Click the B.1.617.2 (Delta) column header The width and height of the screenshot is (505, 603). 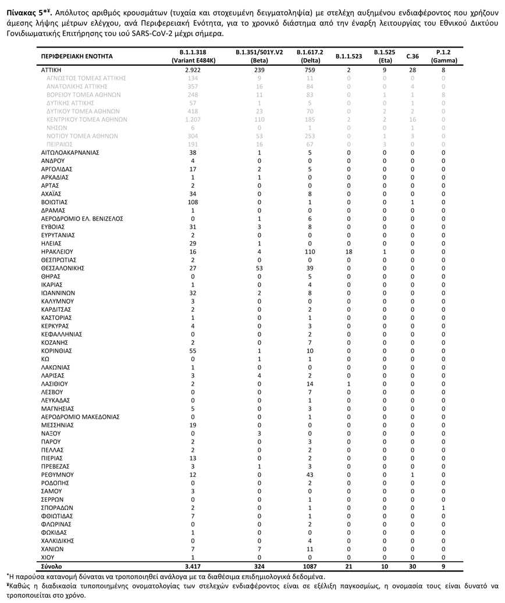pyautogui.click(x=310, y=56)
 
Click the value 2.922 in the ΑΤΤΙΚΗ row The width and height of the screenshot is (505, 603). pyautogui.click(x=193, y=69)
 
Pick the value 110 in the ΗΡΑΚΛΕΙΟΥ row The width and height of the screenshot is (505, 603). pyautogui.click(x=310, y=252)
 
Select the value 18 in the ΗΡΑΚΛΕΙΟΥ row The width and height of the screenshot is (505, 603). pyautogui.click(x=349, y=252)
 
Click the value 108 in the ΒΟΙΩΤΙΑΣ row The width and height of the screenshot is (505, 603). pyautogui.click(x=193, y=202)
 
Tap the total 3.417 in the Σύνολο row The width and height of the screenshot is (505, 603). pyautogui.click(x=193, y=566)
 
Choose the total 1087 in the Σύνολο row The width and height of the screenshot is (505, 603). pyautogui.click(x=310, y=566)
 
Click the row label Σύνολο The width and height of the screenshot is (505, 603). pyautogui.click(x=51, y=566)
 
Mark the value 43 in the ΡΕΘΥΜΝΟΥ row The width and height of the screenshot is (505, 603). pyautogui.click(x=310, y=474)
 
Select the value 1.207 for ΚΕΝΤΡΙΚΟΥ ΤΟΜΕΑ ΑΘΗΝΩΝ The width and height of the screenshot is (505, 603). pyautogui.click(x=193, y=119)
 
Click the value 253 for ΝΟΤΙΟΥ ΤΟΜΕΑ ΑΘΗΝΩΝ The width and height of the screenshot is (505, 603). pyautogui.click(x=310, y=135)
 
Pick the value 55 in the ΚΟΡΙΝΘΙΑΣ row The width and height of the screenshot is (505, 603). pyautogui.click(x=193, y=351)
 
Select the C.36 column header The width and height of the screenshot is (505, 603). pyautogui.click(x=412, y=56)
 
